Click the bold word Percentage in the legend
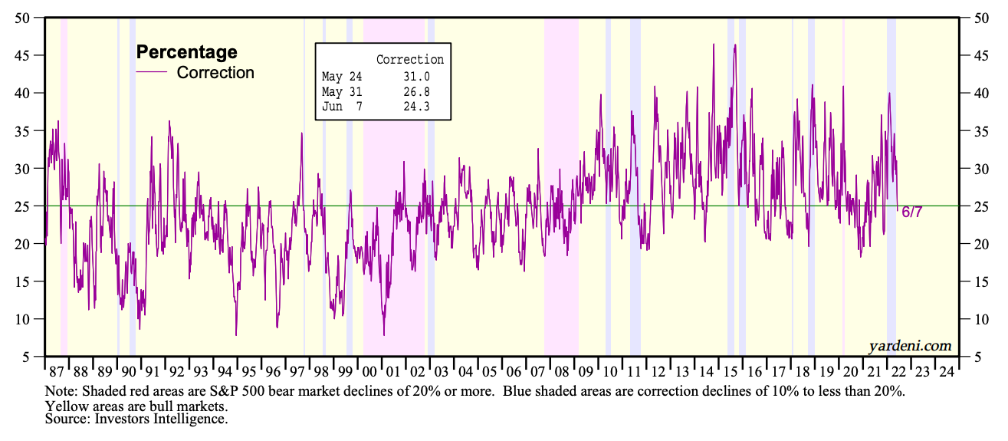186,52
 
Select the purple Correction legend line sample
151,72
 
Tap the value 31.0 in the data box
418,77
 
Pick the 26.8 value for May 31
418,92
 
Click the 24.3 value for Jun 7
418,107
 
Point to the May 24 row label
342,77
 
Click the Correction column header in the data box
409,60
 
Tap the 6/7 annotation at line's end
912,212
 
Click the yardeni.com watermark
910,347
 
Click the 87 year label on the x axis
57,372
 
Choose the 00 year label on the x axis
369,372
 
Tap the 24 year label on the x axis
946,372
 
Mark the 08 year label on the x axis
562,372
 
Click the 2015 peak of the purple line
735,45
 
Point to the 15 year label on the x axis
731,372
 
